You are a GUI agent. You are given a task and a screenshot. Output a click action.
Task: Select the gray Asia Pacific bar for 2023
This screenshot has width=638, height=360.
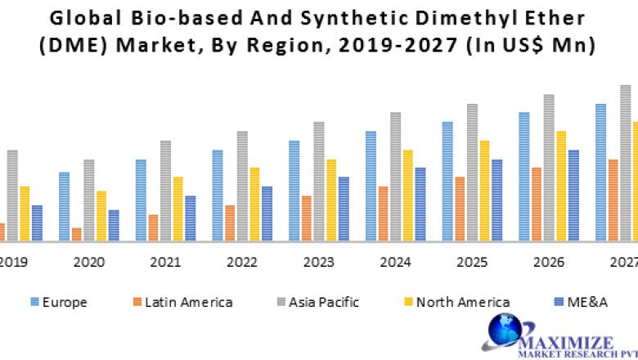coord(319,181)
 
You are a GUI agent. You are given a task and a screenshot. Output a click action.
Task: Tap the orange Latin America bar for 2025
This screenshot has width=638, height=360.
coord(460,209)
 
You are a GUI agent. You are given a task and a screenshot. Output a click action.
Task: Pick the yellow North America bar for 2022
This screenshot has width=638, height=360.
coord(254,204)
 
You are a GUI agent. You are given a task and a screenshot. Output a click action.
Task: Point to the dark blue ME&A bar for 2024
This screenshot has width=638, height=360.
coord(420,204)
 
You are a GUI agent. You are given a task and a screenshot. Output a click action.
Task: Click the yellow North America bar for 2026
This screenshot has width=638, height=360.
coord(561,186)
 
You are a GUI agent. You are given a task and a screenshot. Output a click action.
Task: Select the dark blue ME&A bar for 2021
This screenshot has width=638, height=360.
coord(190,218)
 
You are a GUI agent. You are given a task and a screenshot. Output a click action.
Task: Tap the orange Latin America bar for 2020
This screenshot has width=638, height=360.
coord(76,234)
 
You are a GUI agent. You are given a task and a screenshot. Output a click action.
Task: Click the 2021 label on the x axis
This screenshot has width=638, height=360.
coord(165,263)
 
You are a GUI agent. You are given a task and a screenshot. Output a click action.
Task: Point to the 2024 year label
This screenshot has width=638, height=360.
coord(395,263)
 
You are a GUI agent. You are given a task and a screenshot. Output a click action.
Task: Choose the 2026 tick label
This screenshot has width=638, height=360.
coord(549,263)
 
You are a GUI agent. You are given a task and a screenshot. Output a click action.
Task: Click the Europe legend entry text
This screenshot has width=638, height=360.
coord(65,302)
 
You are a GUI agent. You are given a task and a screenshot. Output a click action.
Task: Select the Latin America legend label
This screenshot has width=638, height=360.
coord(188,302)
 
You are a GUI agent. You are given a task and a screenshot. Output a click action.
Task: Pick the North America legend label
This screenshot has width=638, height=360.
coord(462,302)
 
